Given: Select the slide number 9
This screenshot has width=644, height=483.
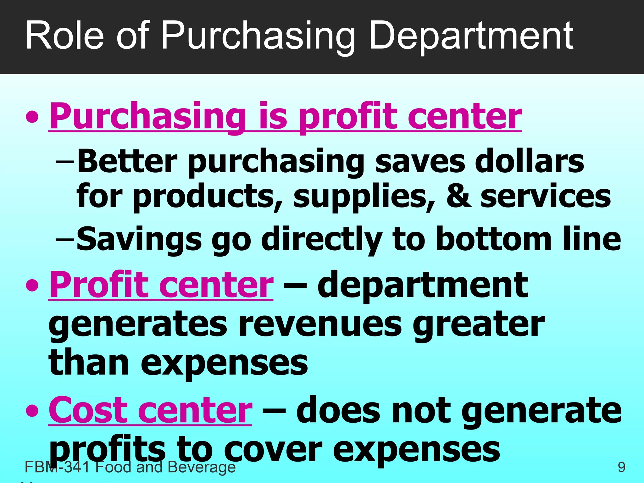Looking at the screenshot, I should pyautogui.click(x=621, y=467).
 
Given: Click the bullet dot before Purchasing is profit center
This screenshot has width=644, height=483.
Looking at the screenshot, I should pyautogui.click(x=32, y=117).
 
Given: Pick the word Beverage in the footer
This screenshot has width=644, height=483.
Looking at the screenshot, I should pyautogui.click(x=202, y=467).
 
